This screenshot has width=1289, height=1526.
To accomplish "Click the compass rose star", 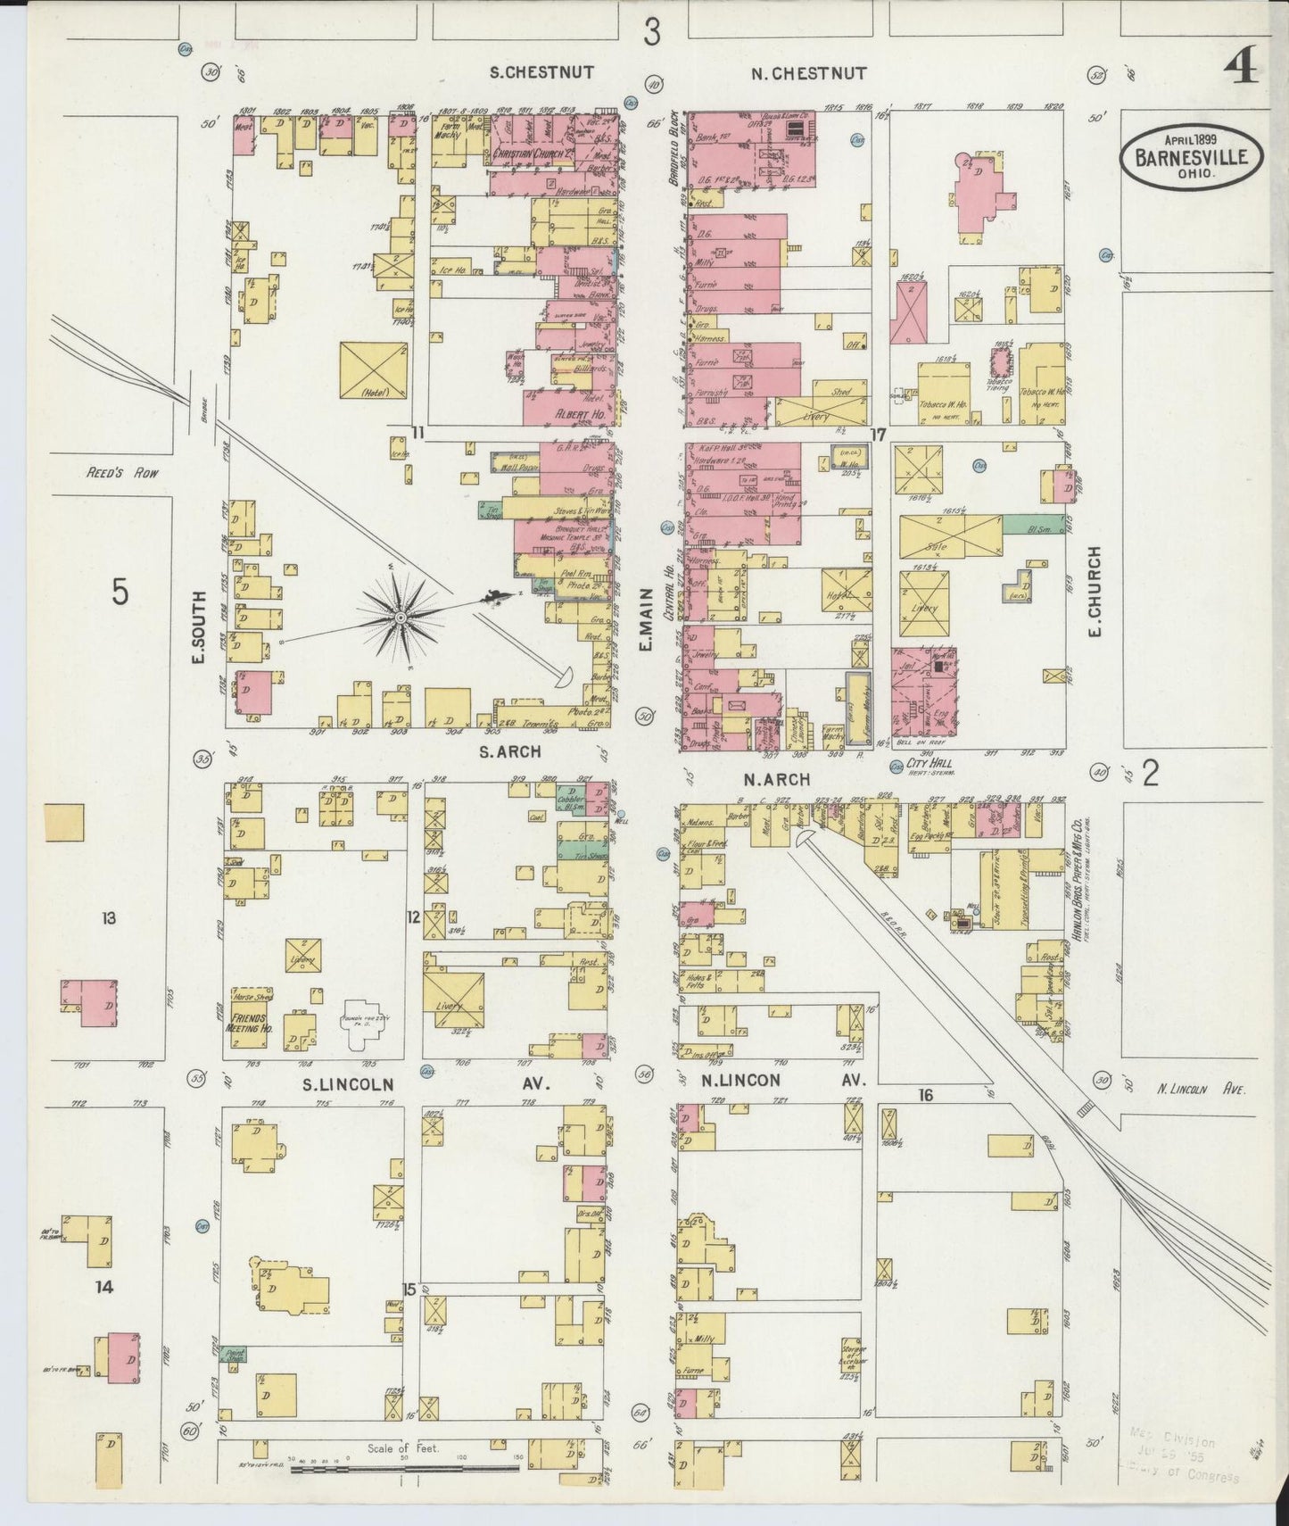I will [x=401, y=617].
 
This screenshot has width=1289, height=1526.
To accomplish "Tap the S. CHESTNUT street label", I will [x=542, y=73].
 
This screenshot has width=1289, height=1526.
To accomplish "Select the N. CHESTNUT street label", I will [x=808, y=73].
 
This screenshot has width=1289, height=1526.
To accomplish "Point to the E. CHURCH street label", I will [x=1095, y=592].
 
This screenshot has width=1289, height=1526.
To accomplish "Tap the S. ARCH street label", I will [x=509, y=751].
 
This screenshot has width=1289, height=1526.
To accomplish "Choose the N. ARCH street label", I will [x=775, y=779].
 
